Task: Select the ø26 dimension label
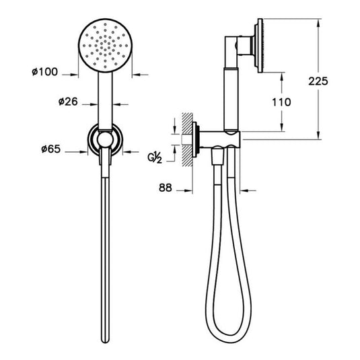pos(69,103)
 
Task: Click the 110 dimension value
pos(282,102)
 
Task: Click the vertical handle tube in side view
pos(229,94)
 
